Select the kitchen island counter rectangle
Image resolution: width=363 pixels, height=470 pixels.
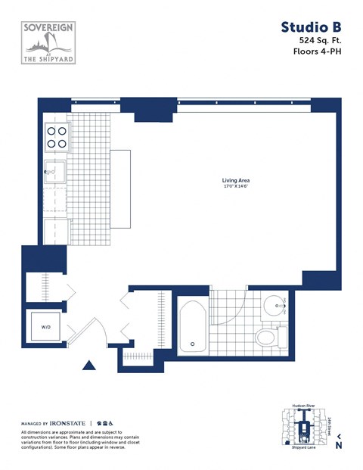tap(120, 188)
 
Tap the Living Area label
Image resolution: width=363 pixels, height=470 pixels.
tap(235, 180)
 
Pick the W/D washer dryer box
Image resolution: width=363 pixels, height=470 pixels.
tap(46, 328)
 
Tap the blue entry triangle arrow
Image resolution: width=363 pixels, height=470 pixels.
tap(90, 366)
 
